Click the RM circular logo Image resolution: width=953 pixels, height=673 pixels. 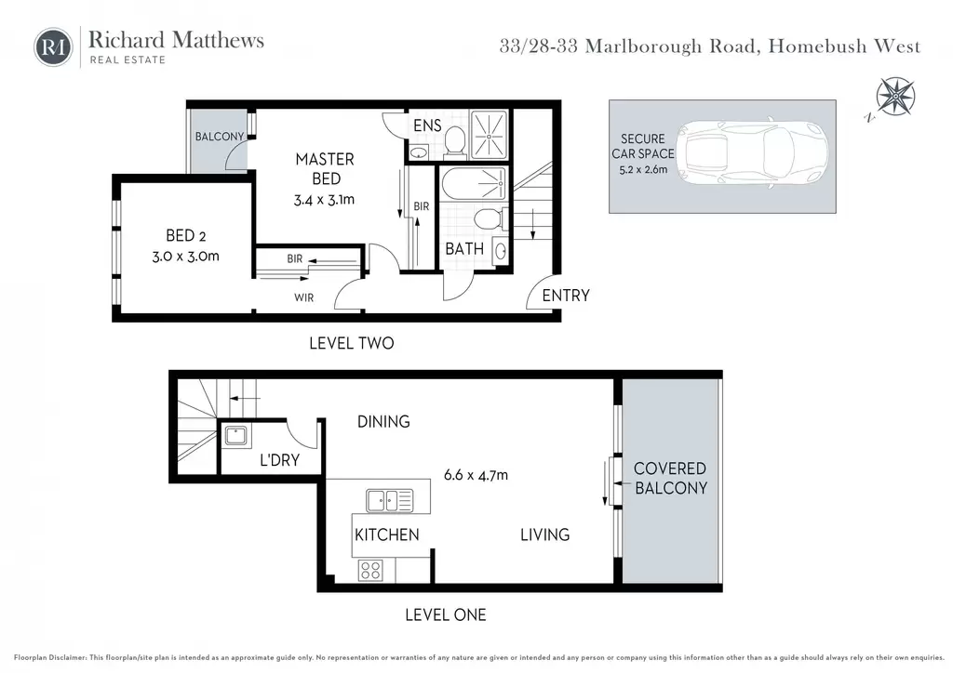(x=53, y=46)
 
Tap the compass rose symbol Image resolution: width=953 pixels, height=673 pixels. (x=895, y=97)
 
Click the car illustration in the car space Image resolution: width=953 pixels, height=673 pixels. (x=751, y=153)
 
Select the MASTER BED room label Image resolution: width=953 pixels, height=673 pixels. (x=325, y=168)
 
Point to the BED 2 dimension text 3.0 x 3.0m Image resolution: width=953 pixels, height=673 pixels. (x=185, y=256)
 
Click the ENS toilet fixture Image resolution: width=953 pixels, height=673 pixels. (x=454, y=140)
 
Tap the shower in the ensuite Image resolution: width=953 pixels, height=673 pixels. (x=489, y=135)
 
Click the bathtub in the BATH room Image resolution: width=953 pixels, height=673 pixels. (x=473, y=183)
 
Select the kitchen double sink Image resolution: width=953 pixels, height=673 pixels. (x=390, y=501)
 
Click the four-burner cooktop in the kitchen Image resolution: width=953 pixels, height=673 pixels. (x=370, y=571)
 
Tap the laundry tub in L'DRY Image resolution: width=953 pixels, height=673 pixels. (x=235, y=436)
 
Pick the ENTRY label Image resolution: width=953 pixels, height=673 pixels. (x=566, y=296)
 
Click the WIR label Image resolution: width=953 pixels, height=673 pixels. (x=304, y=298)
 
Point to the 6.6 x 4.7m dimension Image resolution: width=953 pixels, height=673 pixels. (x=476, y=475)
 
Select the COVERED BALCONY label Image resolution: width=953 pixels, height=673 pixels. (x=670, y=478)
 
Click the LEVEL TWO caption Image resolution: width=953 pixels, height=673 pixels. (x=351, y=344)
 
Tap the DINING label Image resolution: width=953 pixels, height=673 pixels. (x=383, y=421)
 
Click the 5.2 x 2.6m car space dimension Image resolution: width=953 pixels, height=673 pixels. (x=643, y=170)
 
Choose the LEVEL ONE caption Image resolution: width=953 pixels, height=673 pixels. (x=446, y=614)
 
